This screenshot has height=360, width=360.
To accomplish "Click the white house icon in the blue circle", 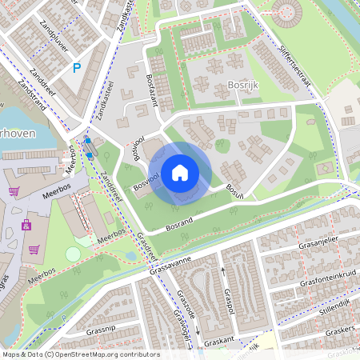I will [180, 172].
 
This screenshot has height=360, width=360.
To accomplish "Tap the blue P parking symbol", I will [77, 69].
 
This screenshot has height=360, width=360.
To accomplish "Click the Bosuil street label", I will [234, 190].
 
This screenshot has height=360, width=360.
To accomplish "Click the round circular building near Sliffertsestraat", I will [286, 10].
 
